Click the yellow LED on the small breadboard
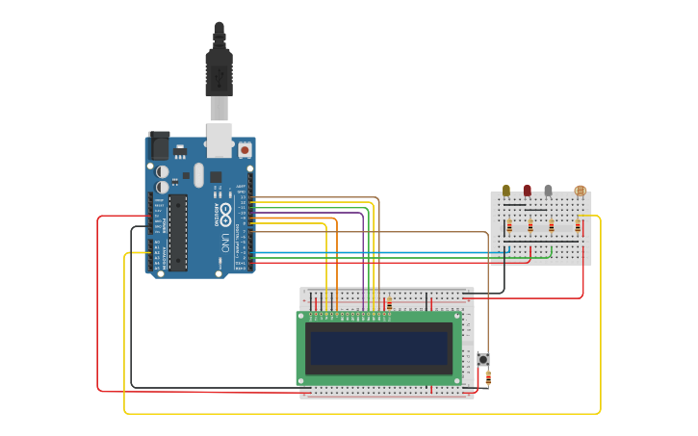506,191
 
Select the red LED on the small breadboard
527,191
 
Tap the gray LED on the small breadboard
548,191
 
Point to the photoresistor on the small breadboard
579,192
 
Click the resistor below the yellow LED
509,227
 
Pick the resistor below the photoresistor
579,227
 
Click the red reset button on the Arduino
245,150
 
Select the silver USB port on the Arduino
220,140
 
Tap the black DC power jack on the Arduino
159,145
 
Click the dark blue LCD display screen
379,347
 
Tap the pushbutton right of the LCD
483,360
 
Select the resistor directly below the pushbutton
489,379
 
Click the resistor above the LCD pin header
389,305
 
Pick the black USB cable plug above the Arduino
219,72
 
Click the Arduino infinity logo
225,211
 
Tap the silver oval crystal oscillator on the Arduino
198,174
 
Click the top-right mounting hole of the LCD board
457,316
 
